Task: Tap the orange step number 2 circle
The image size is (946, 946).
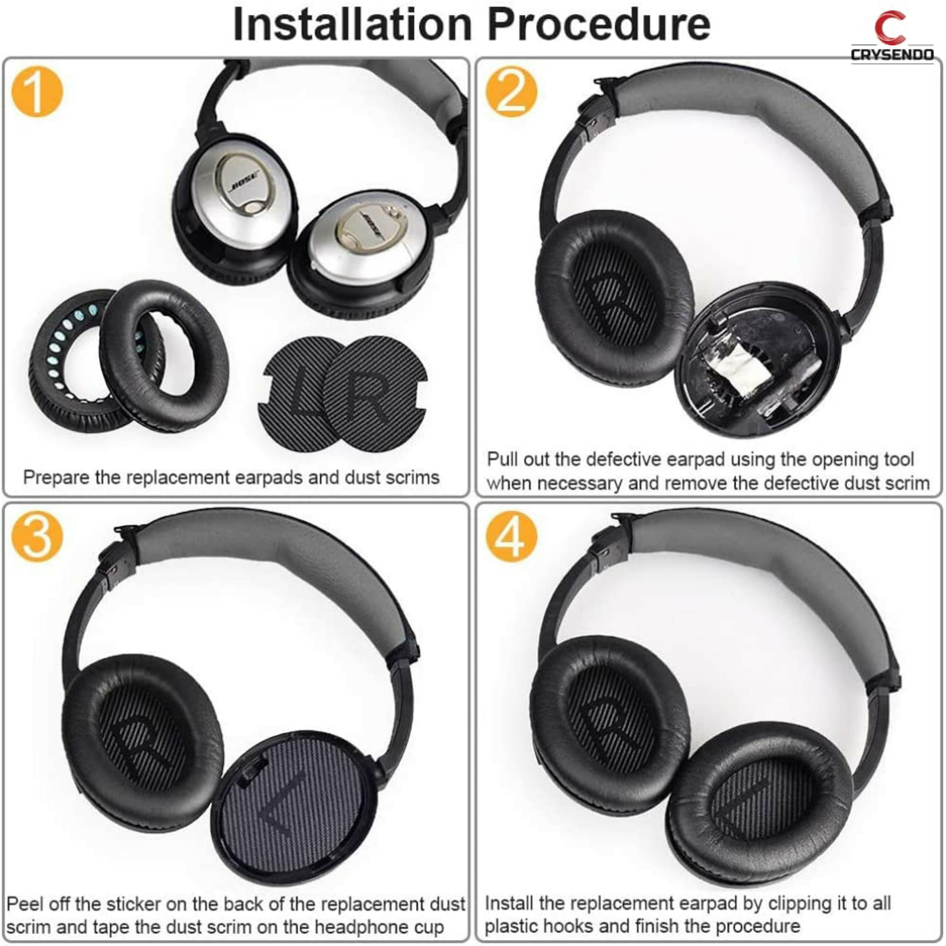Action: coord(511,92)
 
